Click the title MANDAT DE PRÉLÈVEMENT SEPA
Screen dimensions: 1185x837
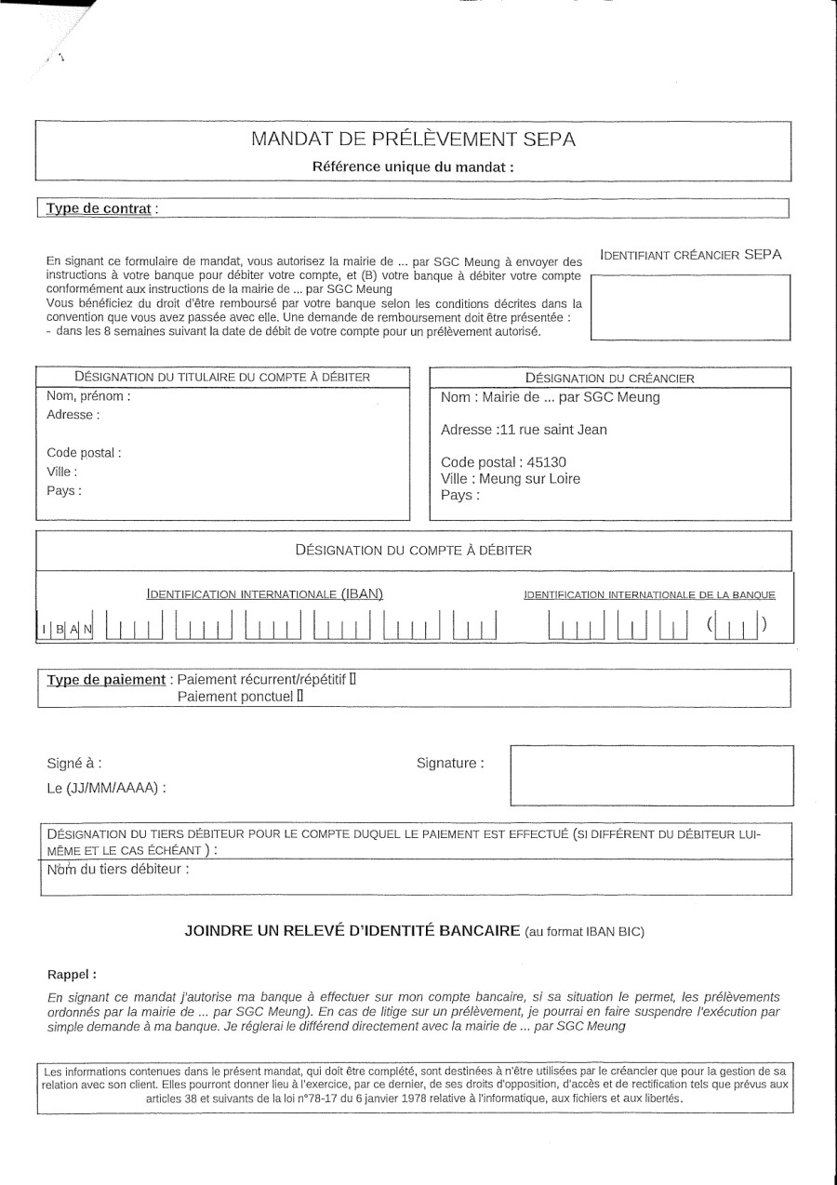point(413,140)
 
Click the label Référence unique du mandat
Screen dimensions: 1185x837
point(413,167)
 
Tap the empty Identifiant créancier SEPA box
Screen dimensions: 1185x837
point(690,306)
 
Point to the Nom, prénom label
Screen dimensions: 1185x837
point(88,396)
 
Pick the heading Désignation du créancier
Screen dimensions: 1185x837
point(609,378)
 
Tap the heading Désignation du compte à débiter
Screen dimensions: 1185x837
point(413,550)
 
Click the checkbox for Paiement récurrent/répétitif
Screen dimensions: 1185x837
point(352,678)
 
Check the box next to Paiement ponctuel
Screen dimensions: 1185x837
point(299,695)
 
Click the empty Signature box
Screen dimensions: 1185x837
point(652,774)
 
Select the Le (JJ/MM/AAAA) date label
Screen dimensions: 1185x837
point(106,789)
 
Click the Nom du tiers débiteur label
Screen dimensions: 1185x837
point(118,870)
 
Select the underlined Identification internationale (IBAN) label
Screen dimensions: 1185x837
point(265,593)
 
